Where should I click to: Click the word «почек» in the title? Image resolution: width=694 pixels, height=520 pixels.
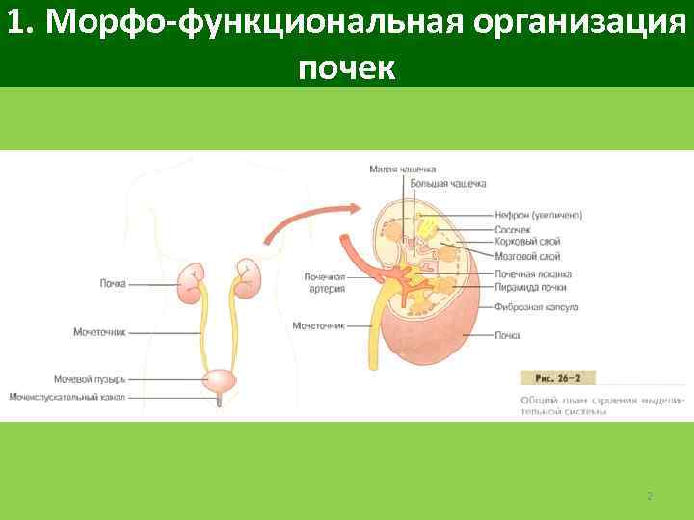(346, 67)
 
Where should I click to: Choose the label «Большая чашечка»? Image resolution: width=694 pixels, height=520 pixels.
(447, 183)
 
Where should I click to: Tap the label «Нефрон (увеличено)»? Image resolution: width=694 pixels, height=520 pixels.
(538, 215)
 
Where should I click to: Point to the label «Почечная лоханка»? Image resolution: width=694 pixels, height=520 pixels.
(532, 273)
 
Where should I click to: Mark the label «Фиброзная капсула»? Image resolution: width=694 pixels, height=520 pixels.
(535, 308)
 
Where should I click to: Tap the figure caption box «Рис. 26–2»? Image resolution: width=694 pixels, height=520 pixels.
(558, 377)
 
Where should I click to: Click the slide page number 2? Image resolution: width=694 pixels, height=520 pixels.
(649, 496)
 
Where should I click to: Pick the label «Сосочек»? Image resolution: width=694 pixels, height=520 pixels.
(511, 230)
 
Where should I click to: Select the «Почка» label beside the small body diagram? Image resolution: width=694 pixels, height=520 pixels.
(112, 283)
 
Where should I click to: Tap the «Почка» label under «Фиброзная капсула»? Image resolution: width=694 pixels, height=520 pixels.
(507, 335)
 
